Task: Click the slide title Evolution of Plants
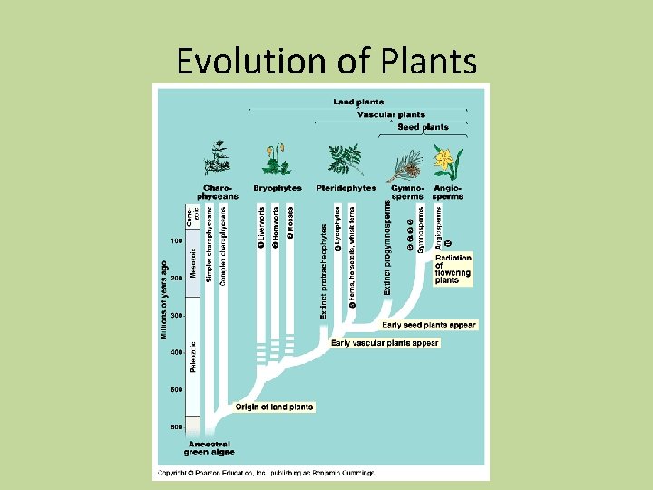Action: coord(326,61)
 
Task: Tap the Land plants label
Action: coord(358,102)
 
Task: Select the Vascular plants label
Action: coord(391,115)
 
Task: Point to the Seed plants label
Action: coord(423,127)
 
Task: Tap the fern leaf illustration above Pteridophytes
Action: coord(346,159)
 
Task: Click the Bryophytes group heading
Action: coord(278,188)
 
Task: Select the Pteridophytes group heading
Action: coord(346,188)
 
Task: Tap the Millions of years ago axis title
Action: coord(164,299)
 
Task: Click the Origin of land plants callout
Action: coord(274,407)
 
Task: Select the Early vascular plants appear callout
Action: coord(385,343)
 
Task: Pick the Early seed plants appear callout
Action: coord(429,324)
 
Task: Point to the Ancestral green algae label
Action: coord(210,447)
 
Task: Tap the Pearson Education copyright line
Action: coord(267,472)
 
